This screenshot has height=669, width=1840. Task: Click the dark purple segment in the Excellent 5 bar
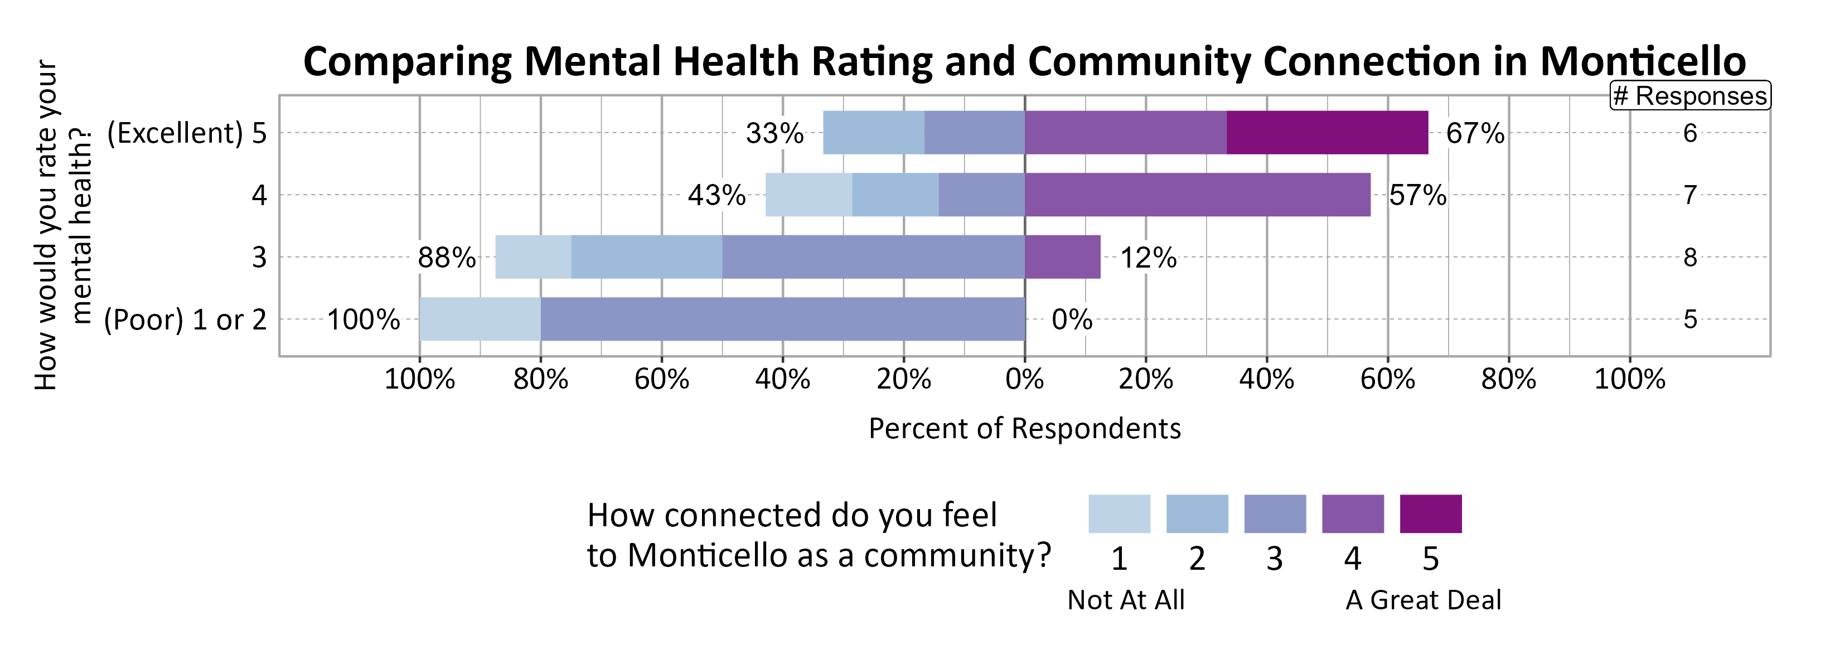1326,133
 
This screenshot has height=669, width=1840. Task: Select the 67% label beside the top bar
1474,133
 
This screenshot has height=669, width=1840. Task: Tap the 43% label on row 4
716,195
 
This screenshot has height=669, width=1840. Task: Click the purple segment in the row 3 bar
1062,257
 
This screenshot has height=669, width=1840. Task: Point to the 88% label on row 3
447,258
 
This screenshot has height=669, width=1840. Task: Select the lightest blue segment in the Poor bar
480,319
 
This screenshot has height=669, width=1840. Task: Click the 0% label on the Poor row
1072,320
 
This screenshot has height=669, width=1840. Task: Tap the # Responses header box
1689,96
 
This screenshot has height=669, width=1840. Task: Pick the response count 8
1689,257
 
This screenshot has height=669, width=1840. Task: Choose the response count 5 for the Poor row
1689,319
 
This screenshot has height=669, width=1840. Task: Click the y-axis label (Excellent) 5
186,133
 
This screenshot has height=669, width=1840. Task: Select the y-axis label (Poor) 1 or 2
185,320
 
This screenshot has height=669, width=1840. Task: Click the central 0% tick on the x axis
1024,379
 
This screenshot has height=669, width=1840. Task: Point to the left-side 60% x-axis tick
661,379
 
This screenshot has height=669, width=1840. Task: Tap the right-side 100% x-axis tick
1629,379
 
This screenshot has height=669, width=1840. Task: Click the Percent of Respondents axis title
1024,428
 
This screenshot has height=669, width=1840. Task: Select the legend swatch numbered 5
1430,514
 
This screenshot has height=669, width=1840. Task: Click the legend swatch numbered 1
1118,514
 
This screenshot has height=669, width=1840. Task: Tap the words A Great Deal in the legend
1423,600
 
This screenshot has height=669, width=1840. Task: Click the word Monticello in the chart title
1642,61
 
